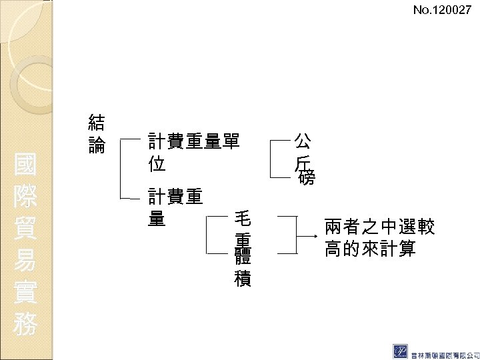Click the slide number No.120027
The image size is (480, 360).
click(x=441, y=10)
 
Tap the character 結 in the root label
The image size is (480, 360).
click(x=97, y=122)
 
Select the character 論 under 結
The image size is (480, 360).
click(x=97, y=145)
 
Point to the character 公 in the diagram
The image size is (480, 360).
click(x=302, y=141)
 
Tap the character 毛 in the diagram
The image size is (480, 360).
click(x=243, y=219)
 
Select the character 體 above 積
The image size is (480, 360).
click(x=243, y=259)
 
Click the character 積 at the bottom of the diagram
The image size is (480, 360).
click(x=243, y=279)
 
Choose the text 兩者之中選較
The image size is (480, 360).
click(x=380, y=227)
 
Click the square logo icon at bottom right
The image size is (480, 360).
click(x=402, y=351)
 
